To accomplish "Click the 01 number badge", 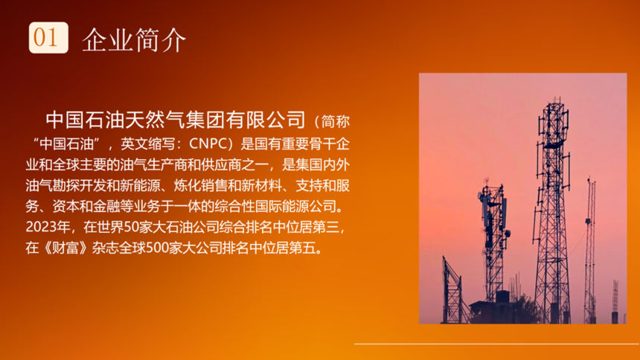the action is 48,37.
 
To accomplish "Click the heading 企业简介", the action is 134,40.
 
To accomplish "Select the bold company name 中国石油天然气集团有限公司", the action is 176,120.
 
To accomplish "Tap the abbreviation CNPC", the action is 208,144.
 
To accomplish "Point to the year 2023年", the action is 48,227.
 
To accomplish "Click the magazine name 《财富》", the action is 65,248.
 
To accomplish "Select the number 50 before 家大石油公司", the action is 131,227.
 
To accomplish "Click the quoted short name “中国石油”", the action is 66,144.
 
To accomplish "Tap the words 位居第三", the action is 313,227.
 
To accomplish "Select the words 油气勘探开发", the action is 65,185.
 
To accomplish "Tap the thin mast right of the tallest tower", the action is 590,249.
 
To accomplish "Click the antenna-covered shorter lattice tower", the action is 495,241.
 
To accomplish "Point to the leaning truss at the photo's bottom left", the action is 453,291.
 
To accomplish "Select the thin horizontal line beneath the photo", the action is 496,344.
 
